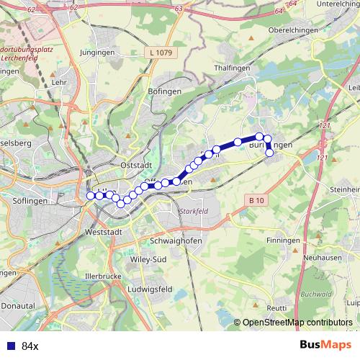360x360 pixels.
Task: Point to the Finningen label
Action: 283,239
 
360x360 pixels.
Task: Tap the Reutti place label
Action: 276,307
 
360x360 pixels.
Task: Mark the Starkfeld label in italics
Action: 192,210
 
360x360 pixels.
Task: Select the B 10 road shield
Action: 256,199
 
